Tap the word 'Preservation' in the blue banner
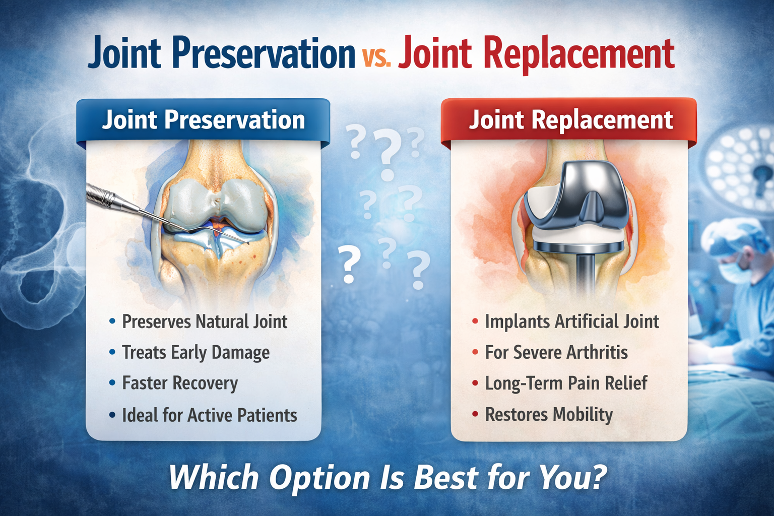tap(235, 120)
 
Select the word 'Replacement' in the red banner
tap(602, 120)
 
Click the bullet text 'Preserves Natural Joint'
tap(205, 321)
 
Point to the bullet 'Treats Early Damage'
tap(196, 353)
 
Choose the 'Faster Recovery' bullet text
tap(180, 383)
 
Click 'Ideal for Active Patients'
tap(210, 415)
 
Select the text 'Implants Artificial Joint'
tap(572, 321)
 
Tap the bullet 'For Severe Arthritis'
tap(556, 353)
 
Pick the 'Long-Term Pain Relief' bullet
tap(566, 383)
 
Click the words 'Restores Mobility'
tap(549, 415)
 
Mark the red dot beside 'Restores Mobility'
tap(475, 414)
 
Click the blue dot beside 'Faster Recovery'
tap(112, 382)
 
